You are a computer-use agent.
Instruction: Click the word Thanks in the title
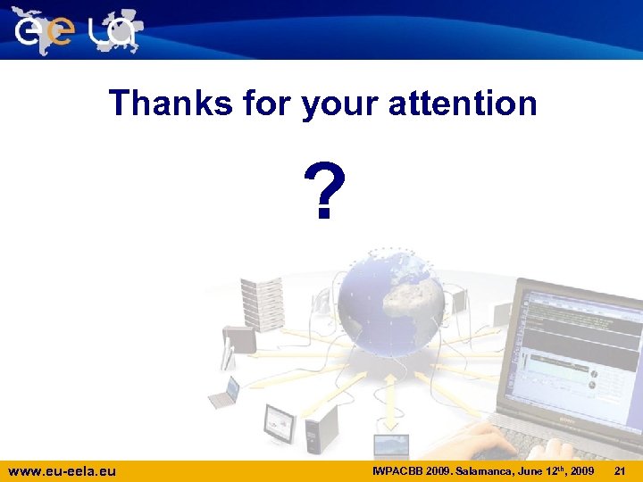pos(170,104)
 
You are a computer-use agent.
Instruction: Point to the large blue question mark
pos(321,191)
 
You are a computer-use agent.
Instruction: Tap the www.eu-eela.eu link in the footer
pos(62,470)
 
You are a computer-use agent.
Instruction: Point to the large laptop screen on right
pos(580,348)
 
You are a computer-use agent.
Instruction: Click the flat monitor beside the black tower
pos(279,421)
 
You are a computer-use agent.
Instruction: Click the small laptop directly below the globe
pos(391,445)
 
